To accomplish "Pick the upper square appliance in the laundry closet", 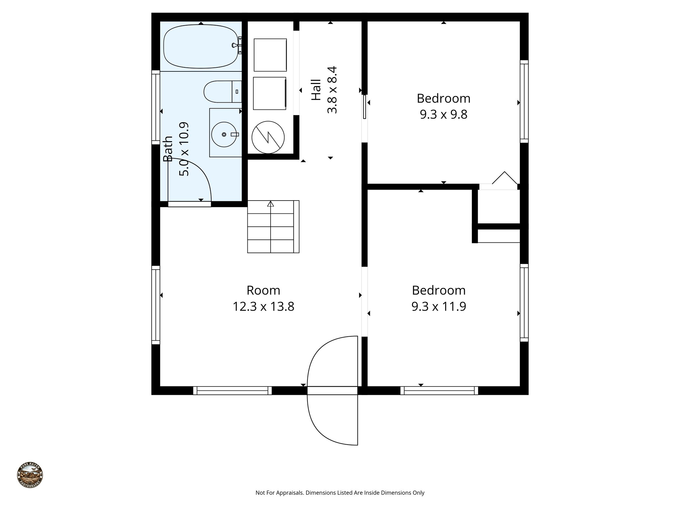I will click(x=270, y=55).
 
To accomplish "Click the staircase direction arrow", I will click(x=271, y=204).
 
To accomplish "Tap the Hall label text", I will click(x=316, y=90).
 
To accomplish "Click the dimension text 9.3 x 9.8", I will click(x=443, y=115).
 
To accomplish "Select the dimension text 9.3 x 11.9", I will click(x=439, y=306).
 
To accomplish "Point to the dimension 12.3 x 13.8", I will click(x=263, y=306).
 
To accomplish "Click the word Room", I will click(x=263, y=291).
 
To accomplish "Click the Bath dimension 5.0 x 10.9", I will click(x=184, y=149).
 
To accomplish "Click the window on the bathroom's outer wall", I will click(x=155, y=107).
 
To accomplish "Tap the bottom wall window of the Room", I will click(x=232, y=390).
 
